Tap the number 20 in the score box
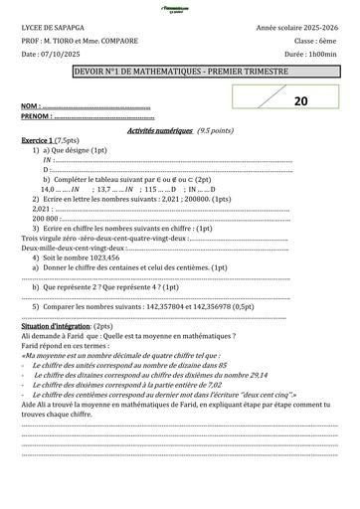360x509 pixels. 300,100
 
